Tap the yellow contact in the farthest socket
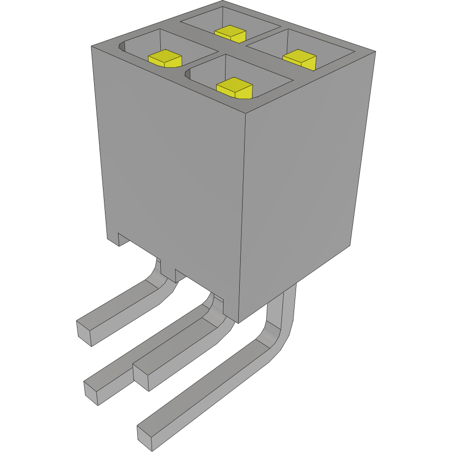point(230,33)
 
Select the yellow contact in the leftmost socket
point(165,58)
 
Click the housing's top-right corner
point(376,51)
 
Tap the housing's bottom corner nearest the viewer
point(238,323)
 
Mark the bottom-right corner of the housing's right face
point(350,244)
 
